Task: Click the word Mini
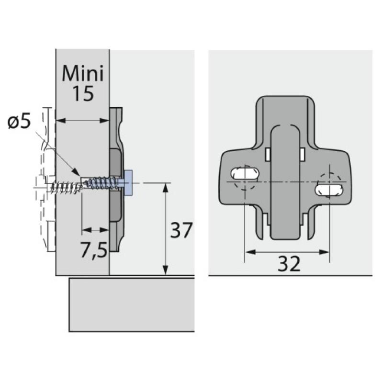pyautogui.click(x=82, y=74)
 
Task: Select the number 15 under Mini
pyautogui.click(x=82, y=94)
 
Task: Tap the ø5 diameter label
pyautogui.click(x=19, y=122)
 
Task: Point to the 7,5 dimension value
pyautogui.click(x=93, y=250)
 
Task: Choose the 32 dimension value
pyautogui.click(x=288, y=263)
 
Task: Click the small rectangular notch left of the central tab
pyautogui.click(x=268, y=154)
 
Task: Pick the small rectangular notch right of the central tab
pyautogui.click(x=303, y=154)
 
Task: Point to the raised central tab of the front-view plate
pyautogui.click(x=285, y=182)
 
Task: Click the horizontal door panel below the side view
pyautogui.click(x=132, y=304)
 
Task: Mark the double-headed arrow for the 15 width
pyautogui.click(x=82, y=121)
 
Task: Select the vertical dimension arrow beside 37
pyautogui.click(x=165, y=229)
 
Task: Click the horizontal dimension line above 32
pyautogui.click(x=287, y=251)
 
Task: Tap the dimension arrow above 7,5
pyautogui.click(x=95, y=231)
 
